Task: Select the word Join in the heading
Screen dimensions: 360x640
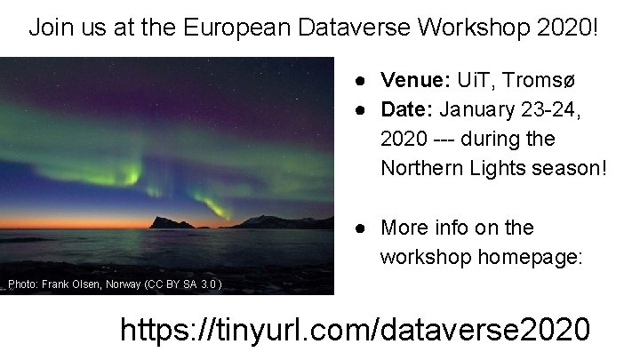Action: click(47, 28)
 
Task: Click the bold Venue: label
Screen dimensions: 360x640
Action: click(416, 80)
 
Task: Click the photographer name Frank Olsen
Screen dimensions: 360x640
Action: click(72, 284)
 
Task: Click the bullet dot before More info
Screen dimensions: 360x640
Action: click(363, 228)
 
